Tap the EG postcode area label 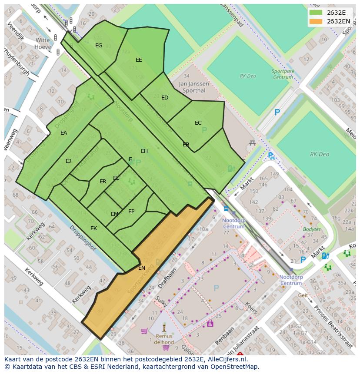pos(99,46)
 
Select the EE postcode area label pos(139,60)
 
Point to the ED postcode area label pos(165,98)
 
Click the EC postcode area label pos(198,123)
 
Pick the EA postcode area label pos(64,133)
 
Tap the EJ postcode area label pos(68,161)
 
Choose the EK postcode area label pos(93,228)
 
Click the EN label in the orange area pos(142,268)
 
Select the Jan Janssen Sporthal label pos(194,87)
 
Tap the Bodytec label pos(312,229)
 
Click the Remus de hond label pos(163,339)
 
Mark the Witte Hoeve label pos(43,43)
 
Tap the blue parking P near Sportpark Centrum pos(277,112)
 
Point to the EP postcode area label pos(131,212)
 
